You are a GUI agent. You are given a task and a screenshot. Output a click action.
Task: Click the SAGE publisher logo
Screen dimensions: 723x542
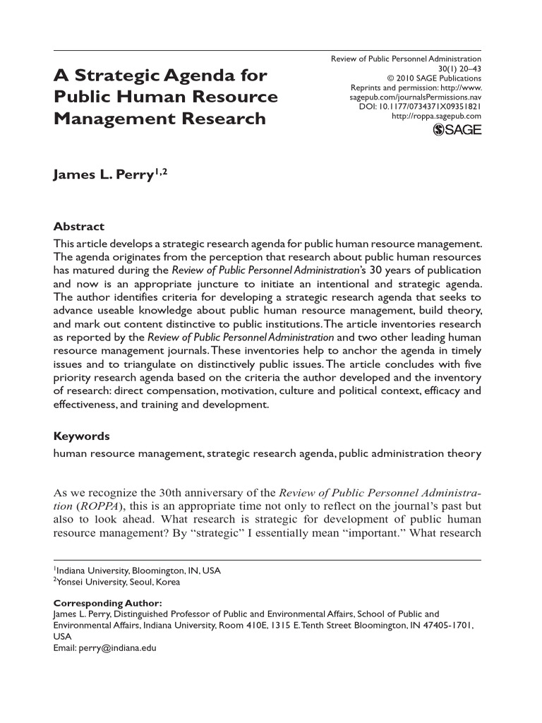tap(457, 129)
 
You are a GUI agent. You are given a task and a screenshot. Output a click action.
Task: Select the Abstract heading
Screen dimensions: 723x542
tap(79, 227)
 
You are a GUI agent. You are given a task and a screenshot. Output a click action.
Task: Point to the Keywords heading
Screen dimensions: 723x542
tap(82, 436)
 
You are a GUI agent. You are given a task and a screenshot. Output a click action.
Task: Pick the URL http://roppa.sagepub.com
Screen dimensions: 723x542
tap(436, 116)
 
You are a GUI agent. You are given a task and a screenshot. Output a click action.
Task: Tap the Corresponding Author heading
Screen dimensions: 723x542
tap(108, 604)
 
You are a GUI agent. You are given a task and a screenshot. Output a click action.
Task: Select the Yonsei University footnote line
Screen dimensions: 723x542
tap(119, 582)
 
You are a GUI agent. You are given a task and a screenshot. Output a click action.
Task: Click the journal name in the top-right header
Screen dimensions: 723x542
tap(406, 59)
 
